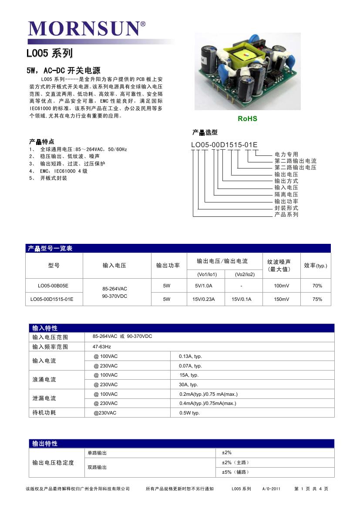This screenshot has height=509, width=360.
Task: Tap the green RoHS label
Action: point(247,118)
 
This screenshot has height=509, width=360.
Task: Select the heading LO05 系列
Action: point(49,54)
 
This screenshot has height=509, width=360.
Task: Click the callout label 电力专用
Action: point(286,155)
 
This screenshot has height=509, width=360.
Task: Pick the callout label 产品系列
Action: point(286,215)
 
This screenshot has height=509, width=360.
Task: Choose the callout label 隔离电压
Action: point(286,195)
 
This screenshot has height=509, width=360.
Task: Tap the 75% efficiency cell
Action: point(317,299)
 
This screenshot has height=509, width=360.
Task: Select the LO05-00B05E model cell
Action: point(53,286)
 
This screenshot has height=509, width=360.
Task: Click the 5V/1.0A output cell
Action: point(204,286)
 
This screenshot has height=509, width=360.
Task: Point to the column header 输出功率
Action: point(168,266)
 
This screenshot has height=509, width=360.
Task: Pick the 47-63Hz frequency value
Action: point(102,347)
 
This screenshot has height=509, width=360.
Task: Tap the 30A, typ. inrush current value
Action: point(188,384)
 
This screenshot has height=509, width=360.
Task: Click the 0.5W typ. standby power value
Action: point(189,413)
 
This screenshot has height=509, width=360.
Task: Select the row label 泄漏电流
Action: point(44,398)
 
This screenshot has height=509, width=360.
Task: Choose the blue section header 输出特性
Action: point(45,444)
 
